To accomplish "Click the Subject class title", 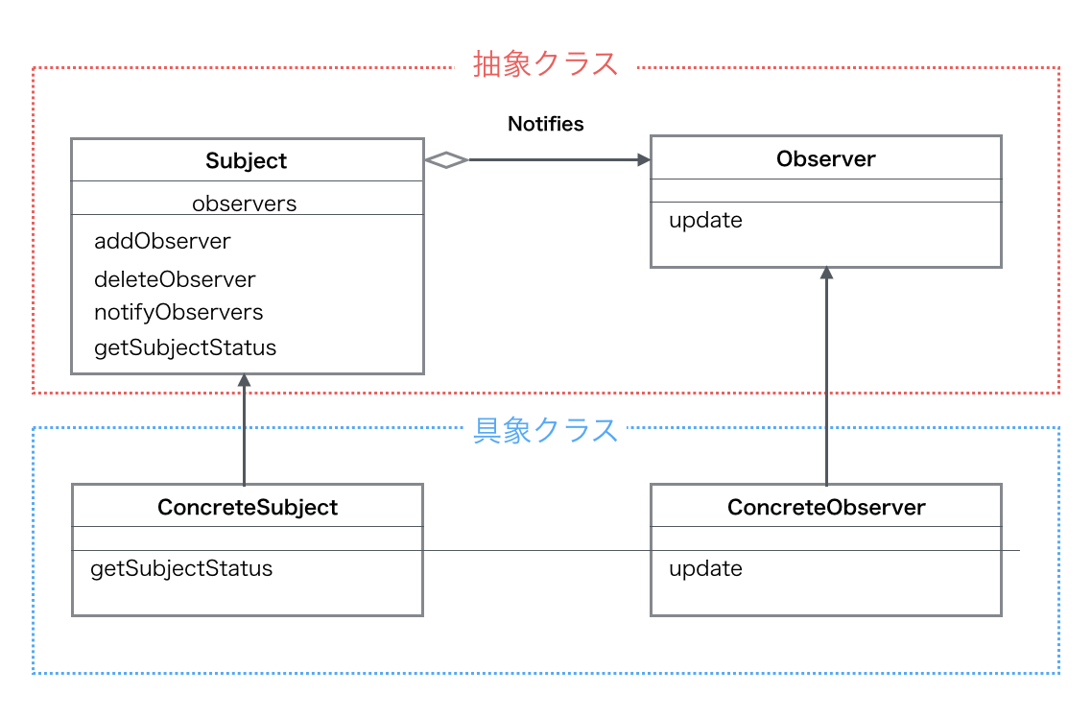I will (247, 161).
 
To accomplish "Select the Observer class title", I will (825, 158).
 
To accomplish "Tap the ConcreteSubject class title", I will (248, 507).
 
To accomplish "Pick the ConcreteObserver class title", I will (825, 507).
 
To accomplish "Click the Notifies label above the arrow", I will (545, 124).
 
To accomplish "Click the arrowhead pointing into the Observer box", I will (642, 160).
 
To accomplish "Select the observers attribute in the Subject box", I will (244, 203).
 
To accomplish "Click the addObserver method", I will (162, 241).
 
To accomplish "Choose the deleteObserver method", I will (175, 279).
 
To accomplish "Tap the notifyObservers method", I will (178, 312).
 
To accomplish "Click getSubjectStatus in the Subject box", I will (185, 347).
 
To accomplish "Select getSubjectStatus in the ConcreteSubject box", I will (181, 568).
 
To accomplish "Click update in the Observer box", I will (705, 220).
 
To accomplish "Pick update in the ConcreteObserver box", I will (705, 568).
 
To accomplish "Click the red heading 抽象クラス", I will (545, 64).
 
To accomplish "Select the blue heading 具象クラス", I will (545, 430).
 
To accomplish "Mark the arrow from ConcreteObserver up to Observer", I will (825, 384).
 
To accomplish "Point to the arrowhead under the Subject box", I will (244, 380).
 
